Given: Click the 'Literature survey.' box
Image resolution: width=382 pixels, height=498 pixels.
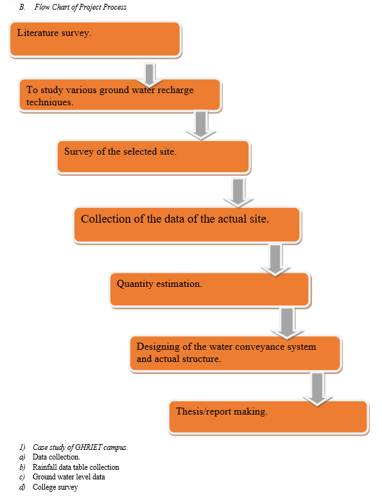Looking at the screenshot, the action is point(96,39).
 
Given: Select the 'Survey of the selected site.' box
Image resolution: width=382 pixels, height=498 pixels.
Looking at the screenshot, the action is point(154,157).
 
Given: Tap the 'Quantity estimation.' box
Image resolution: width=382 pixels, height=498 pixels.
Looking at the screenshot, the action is point(210,290).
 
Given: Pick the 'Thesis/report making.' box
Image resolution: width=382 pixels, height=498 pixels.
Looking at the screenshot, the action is point(268,417).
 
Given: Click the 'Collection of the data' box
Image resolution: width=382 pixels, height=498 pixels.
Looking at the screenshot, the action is point(187,225).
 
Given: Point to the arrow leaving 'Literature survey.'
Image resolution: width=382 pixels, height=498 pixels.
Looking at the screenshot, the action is point(150,74).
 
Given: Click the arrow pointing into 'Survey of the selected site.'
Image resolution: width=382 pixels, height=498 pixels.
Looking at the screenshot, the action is point(201,125).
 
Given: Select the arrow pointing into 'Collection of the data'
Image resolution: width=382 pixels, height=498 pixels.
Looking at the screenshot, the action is point(238,193).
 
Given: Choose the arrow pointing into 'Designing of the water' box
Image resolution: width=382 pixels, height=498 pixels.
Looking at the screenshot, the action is point(287,323).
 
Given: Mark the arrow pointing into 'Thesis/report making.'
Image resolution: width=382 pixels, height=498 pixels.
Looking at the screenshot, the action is point(318,389).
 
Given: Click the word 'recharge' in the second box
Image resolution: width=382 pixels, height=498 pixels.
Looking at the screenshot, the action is point(175,90).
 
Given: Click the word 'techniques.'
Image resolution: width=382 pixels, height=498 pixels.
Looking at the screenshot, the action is point(50,102).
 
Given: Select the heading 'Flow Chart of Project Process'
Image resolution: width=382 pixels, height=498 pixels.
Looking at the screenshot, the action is point(80,7).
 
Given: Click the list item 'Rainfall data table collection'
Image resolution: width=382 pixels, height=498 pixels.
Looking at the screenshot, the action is point(76,467).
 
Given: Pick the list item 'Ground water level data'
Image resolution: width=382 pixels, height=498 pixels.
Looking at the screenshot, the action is point(69,477).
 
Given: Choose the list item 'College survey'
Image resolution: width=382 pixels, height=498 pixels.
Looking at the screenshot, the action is point(55,487).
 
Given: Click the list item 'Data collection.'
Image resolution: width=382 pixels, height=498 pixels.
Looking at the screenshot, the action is point(56,457).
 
